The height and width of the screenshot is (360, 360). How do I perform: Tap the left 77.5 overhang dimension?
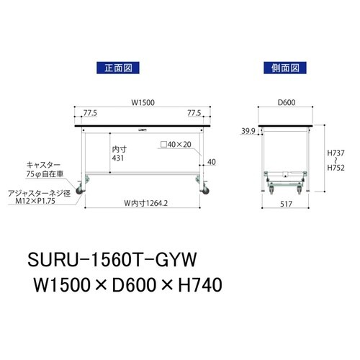point(91,113)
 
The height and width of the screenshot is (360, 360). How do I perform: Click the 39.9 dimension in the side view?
point(248,131)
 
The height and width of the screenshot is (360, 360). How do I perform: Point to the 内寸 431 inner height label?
point(121,155)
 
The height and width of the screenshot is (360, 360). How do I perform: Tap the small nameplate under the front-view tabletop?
point(144,130)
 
